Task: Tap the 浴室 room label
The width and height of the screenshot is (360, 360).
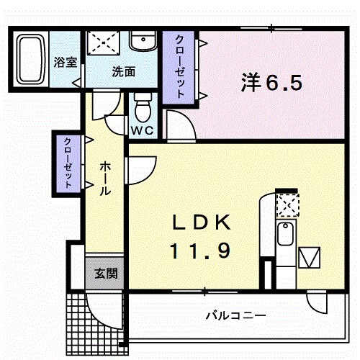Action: [x=66, y=62]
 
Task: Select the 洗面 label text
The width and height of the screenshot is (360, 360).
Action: [x=123, y=71]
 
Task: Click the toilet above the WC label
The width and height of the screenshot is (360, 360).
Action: [x=143, y=109]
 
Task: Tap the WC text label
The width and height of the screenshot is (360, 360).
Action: [x=140, y=131]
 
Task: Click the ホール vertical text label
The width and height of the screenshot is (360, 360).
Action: [x=105, y=181]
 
